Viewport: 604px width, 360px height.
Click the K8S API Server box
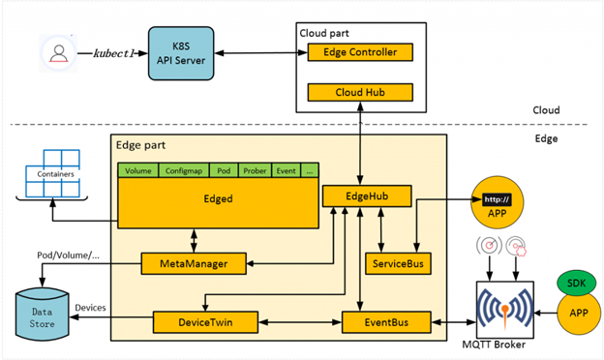(181, 54)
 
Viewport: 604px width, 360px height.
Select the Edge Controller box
(360, 52)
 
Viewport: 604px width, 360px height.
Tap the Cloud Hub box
(360, 93)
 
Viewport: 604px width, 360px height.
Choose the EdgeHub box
(367, 196)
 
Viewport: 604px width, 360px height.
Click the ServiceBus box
(398, 262)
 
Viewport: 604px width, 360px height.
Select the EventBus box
(383, 321)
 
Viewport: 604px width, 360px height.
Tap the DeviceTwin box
(206, 321)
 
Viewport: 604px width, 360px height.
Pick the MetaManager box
(194, 262)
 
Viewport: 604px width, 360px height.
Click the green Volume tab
(138, 170)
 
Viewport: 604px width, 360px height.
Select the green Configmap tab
(183, 170)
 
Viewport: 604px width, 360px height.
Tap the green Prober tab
(255, 170)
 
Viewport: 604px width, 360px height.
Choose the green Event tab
(287, 170)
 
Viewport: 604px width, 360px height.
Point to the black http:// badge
(496, 200)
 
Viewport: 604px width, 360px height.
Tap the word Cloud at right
(546, 110)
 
